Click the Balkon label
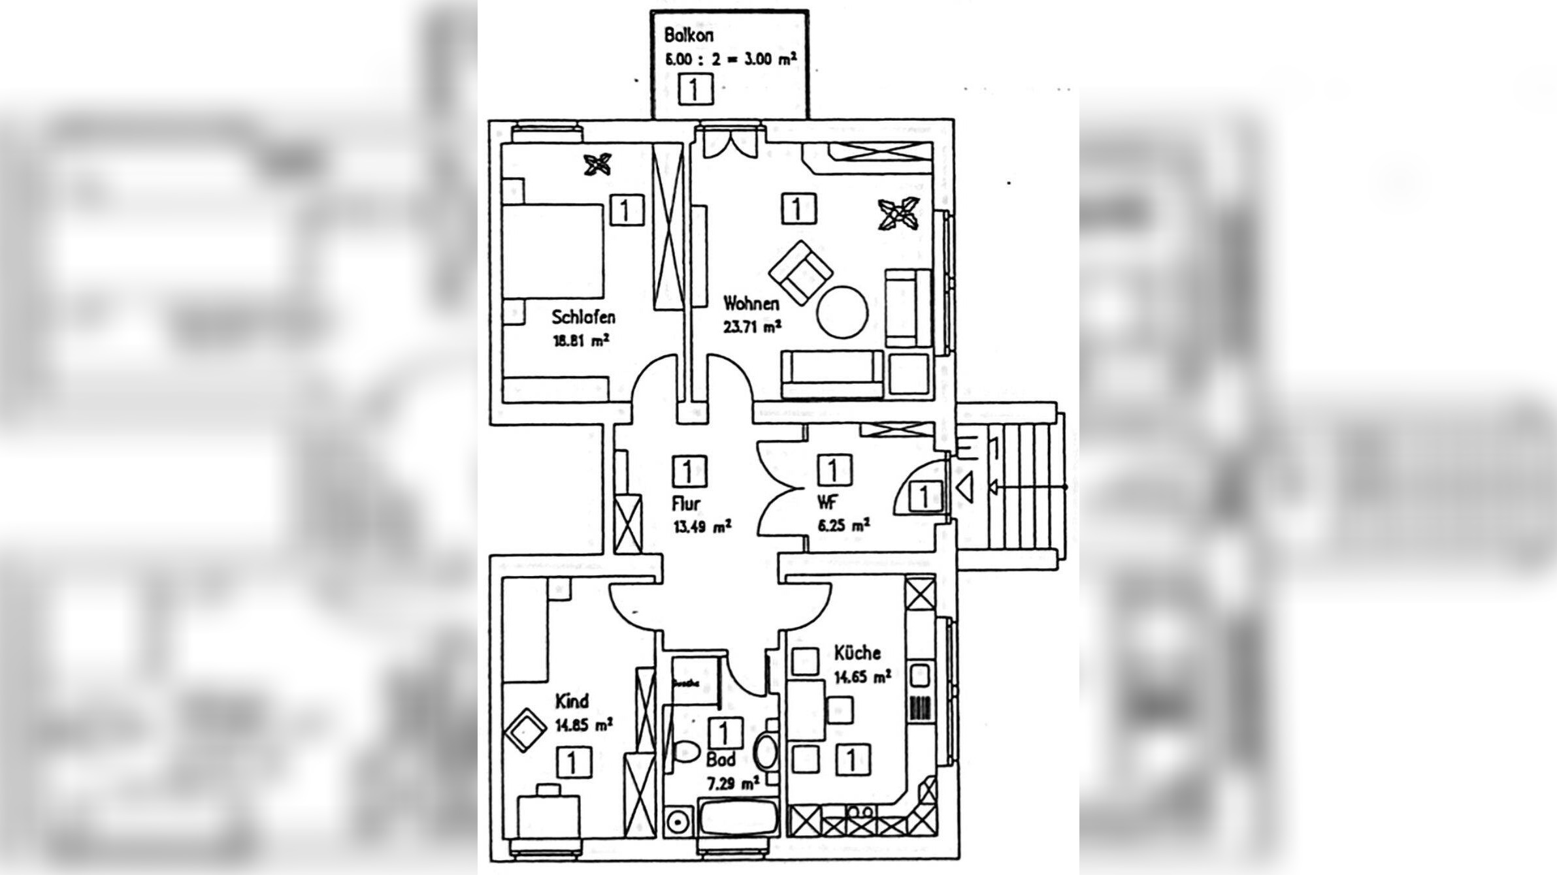[x=688, y=35]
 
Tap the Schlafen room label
[x=583, y=317]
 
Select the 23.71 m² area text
[x=752, y=326]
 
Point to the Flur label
[x=685, y=503]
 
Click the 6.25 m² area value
[x=843, y=525]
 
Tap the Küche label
[x=857, y=652]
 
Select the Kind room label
[x=572, y=701]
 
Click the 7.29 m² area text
[x=732, y=782]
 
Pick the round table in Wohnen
[x=842, y=312]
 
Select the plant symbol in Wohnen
[x=898, y=214]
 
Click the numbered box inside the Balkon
[x=693, y=89]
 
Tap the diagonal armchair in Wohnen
[x=800, y=273]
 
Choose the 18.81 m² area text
[x=581, y=340]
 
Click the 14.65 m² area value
[x=862, y=676]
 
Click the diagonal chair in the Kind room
[x=525, y=730]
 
